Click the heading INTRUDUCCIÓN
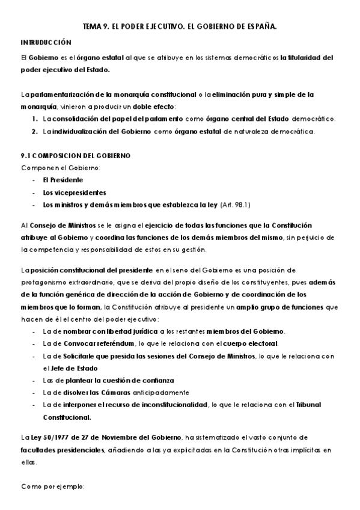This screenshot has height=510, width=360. [46, 43]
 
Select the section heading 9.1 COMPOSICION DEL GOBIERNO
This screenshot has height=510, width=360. [76, 155]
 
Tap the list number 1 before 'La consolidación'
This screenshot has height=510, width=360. [35, 119]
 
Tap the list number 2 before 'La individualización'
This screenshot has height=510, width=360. [35, 131]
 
